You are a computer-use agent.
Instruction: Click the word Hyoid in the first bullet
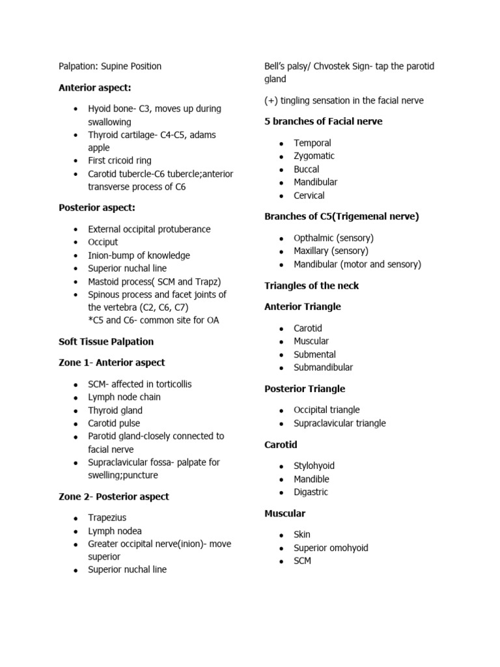point(100,109)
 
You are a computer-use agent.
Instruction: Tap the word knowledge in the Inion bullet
point(168,255)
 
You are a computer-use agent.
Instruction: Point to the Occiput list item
point(103,242)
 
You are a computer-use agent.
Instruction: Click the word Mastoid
point(105,281)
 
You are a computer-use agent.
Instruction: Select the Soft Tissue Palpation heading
point(106,341)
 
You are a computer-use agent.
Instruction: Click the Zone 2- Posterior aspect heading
point(113,496)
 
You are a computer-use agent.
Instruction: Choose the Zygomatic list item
point(314,156)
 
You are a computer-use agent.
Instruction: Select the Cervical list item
point(309,195)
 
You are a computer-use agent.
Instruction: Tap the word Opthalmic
point(314,238)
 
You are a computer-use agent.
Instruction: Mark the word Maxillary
point(312,251)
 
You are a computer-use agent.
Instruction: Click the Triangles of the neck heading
point(311,285)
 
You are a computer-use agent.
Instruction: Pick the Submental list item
point(315,354)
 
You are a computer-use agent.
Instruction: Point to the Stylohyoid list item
point(315,466)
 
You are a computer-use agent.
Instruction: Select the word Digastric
point(311,492)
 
